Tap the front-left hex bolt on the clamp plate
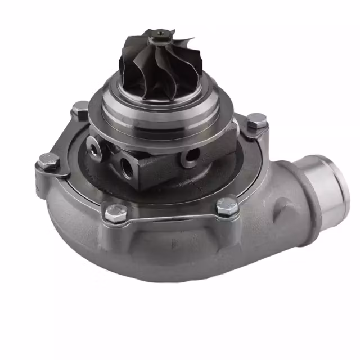pos(115,213)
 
